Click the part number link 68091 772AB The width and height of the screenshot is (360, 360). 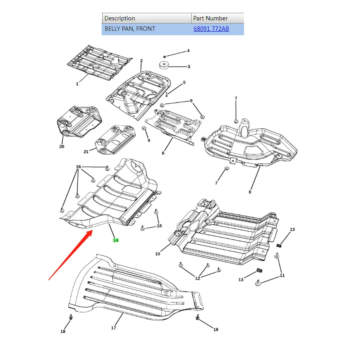pyautogui.click(x=211, y=29)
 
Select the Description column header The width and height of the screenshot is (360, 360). pyautogui.click(x=120, y=18)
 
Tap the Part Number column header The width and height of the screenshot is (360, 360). pyautogui.click(x=210, y=18)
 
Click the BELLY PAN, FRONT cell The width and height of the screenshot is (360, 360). pyautogui.click(x=130, y=29)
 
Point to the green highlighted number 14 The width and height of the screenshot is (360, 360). pyautogui.click(x=116, y=240)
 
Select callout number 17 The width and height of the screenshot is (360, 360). pyautogui.click(x=114, y=328)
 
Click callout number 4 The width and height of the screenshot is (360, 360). pyautogui.click(x=188, y=51)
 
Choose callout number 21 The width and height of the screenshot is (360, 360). pyautogui.click(x=86, y=152)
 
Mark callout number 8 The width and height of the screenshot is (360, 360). pyautogui.click(x=250, y=192)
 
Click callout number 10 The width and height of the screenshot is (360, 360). pyautogui.click(x=158, y=254)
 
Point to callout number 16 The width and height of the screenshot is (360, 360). pyautogui.click(x=78, y=166)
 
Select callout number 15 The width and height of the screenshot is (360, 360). pyautogui.click(x=159, y=226)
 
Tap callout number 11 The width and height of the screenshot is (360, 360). pyautogui.click(x=282, y=276)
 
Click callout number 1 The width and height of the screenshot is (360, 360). pyautogui.click(x=77, y=84)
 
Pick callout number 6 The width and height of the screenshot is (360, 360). pyautogui.click(x=163, y=153)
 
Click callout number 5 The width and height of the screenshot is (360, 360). pyautogui.click(x=184, y=83)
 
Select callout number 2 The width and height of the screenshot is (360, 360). pyautogui.click(x=141, y=61)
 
